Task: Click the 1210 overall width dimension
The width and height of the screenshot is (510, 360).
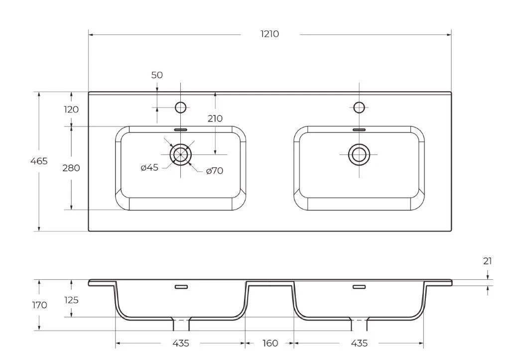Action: click(x=269, y=34)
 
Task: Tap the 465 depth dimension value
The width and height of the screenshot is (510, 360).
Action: click(x=39, y=161)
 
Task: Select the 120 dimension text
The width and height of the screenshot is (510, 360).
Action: click(x=71, y=109)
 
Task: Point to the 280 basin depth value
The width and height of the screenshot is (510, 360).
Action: click(x=71, y=168)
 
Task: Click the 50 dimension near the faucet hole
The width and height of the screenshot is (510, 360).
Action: click(x=157, y=75)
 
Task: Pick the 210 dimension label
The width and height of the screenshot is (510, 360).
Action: click(x=215, y=119)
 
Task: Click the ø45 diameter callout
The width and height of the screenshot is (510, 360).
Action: click(x=149, y=167)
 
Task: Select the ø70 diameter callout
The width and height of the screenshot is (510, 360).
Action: click(x=215, y=170)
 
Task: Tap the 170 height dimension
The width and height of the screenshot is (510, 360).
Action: click(x=39, y=305)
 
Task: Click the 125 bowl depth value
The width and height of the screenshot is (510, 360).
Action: click(x=71, y=300)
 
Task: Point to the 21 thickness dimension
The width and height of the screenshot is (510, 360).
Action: click(x=487, y=261)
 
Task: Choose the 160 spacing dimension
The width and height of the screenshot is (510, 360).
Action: click(x=270, y=343)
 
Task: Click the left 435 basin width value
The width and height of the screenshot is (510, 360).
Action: click(x=180, y=343)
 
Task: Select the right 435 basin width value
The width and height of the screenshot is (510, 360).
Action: click(x=359, y=343)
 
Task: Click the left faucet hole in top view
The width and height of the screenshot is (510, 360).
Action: click(x=180, y=107)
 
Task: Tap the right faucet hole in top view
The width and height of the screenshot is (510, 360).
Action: click(x=359, y=107)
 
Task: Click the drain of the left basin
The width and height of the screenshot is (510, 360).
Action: click(x=180, y=154)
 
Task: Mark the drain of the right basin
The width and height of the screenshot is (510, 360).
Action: click(x=359, y=154)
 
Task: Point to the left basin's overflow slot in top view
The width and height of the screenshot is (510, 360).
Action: click(x=180, y=129)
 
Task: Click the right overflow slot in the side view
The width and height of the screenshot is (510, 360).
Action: click(x=359, y=287)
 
